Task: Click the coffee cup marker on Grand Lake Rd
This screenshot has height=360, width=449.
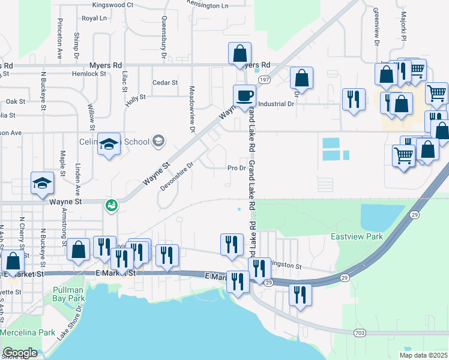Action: pos(244,95)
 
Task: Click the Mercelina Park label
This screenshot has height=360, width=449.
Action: pos(28,332)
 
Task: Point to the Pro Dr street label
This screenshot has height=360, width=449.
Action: pos(237,168)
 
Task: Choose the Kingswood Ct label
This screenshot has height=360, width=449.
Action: pos(113,5)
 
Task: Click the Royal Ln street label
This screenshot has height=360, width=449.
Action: pos(94,19)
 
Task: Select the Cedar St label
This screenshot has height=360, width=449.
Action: pos(165,83)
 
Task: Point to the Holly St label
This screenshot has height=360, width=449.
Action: pos(136,97)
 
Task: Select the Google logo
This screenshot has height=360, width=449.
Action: pos(20,353)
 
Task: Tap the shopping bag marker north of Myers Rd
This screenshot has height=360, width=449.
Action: pos(240,53)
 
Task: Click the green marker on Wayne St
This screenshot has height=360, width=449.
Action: pos(111,206)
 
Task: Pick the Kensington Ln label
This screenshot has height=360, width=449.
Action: pos(208,5)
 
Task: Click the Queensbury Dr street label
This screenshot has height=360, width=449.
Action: pos(163,33)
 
